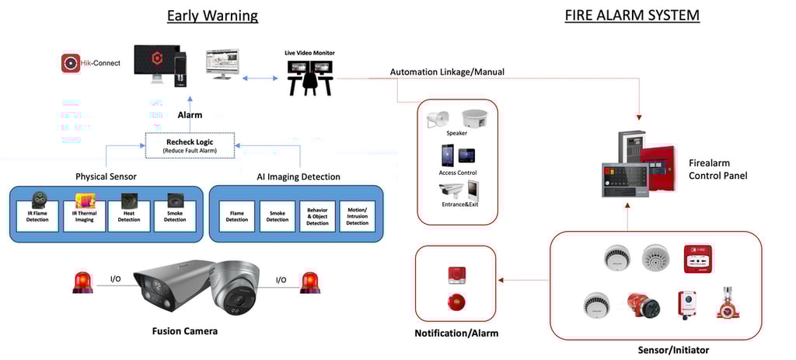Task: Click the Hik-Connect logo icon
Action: click(x=72, y=63)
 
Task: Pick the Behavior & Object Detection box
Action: click(x=317, y=215)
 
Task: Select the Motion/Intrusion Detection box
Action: click(x=357, y=215)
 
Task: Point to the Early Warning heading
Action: click(x=212, y=16)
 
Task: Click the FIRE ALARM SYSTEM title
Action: click(x=632, y=16)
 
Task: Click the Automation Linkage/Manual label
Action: click(x=447, y=72)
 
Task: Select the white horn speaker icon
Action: click(x=437, y=120)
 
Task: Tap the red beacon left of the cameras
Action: click(x=82, y=282)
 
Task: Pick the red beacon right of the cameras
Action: click(x=310, y=282)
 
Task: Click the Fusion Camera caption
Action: click(x=185, y=331)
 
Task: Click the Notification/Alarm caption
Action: click(x=456, y=334)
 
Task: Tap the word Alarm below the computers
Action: click(x=190, y=115)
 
